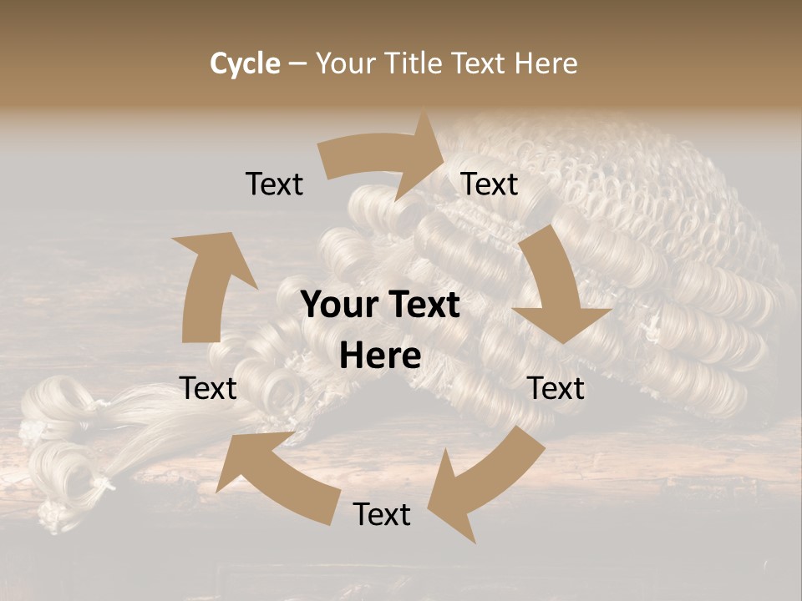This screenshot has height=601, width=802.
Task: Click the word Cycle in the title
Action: click(x=245, y=63)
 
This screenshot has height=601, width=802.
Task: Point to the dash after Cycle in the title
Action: click(x=297, y=64)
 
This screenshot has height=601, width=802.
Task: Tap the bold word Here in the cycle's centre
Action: click(x=380, y=356)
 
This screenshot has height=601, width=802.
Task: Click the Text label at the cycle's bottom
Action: click(x=382, y=514)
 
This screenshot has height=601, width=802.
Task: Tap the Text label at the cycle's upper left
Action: click(x=274, y=184)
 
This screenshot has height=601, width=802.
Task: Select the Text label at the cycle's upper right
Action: click(x=490, y=184)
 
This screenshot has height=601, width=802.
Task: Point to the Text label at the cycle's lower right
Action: click(x=556, y=388)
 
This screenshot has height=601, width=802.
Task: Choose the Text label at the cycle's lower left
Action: click(x=208, y=388)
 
